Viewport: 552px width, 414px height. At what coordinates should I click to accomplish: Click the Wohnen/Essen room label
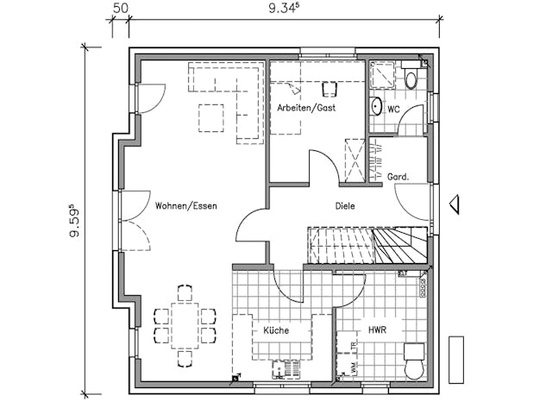click(x=186, y=206)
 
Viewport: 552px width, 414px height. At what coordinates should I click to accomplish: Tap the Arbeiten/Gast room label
click(x=306, y=108)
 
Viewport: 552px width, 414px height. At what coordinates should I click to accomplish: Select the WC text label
click(x=393, y=110)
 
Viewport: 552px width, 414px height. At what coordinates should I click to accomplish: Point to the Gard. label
click(x=398, y=177)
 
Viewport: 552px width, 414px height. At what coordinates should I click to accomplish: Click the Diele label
click(x=345, y=206)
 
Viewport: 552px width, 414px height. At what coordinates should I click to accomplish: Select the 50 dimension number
click(x=121, y=9)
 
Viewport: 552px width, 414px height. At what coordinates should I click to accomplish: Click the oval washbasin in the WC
click(x=376, y=108)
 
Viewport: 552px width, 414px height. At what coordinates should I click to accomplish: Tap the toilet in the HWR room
click(x=415, y=360)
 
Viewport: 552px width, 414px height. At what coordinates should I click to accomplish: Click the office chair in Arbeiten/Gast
click(x=329, y=89)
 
